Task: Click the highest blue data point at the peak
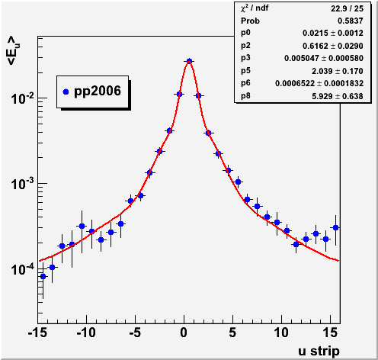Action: click(x=189, y=61)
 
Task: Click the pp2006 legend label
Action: click(x=98, y=92)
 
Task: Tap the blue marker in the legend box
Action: click(x=66, y=92)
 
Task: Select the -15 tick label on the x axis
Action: click(x=37, y=333)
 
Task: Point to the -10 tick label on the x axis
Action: click(x=86, y=333)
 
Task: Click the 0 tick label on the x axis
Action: click(x=184, y=333)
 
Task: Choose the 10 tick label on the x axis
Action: click(x=281, y=333)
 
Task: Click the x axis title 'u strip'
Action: click(x=319, y=351)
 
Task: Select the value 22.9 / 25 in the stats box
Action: click(x=347, y=8)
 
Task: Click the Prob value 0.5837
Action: click(x=351, y=21)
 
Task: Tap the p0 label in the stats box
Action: click(x=245, y=33)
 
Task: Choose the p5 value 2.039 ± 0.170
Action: click(x=338, y=71)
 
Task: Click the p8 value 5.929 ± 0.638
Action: click(x=338, y=96)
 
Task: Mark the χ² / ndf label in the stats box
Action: click(x=255, y=8)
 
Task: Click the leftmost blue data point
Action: click(x=43, y=276)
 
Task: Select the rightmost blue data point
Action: click(x=335, y=227)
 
